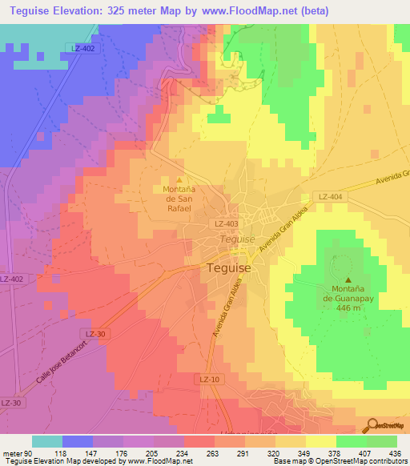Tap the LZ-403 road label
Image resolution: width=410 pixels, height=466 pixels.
[x=225, y=225]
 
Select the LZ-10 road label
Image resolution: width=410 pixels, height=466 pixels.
[x=210, y=378]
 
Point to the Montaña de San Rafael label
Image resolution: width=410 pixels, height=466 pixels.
[x=179, y=199]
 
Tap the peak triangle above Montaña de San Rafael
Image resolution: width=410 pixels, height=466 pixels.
[x=179, y=179]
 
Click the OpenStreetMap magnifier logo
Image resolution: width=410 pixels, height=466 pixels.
[x=372, y=425]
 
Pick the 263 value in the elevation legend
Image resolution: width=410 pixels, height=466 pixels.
[x=212, y=452]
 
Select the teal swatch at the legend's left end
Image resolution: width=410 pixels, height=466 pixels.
[x=47, y=441]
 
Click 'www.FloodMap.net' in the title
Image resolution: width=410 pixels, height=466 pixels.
[x=248, y=12]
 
